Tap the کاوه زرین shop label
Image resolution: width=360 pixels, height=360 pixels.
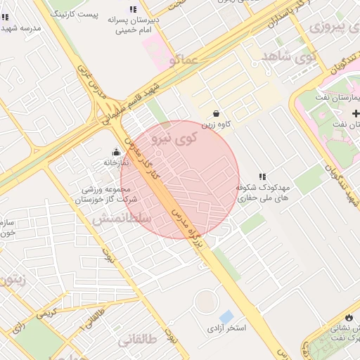coord(216,125)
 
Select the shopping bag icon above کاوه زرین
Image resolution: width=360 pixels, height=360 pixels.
coord(216,113)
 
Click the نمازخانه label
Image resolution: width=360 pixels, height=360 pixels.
coord(117,162)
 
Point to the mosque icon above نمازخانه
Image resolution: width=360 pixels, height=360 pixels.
coord(117,151)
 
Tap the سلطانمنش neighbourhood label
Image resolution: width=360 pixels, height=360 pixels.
coord(122,219)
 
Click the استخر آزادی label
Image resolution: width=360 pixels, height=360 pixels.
coord(226,328)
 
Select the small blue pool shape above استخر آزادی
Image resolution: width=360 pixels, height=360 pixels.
coord(226,316)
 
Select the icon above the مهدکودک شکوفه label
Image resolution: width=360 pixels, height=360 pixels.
coord(262,176)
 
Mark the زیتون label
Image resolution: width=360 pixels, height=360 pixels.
coord(13,279)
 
